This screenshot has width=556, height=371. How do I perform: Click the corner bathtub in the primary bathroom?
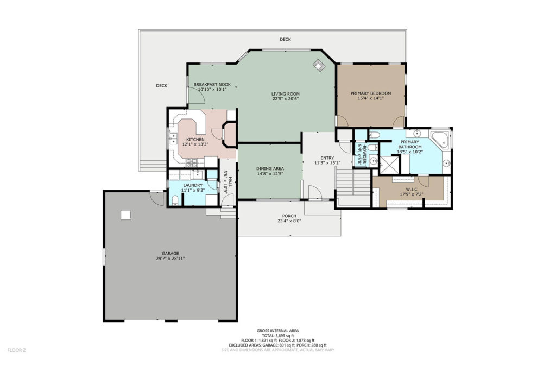point(440,140)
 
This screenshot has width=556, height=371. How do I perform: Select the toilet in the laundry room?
point(174,201)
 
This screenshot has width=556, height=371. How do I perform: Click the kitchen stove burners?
point(192,163)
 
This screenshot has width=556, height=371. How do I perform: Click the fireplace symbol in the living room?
point(319,65)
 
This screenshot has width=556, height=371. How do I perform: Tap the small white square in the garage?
point(126,215)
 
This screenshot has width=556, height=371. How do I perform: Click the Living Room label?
point(286,94)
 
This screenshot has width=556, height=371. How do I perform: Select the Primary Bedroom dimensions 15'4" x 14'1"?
point(371,98)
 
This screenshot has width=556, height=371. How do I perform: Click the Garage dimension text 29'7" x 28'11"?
point(170,259)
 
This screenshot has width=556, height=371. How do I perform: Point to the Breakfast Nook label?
point(212,84)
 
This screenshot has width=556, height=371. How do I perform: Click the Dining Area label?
point(270,169)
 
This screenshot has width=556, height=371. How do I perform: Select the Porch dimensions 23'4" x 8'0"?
point(289,221)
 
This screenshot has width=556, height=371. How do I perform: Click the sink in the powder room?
point(373,161)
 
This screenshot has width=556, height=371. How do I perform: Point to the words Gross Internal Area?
point(277,331)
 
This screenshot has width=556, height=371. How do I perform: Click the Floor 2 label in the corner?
point(16,350)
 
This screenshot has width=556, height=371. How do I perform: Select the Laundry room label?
point(193,185)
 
